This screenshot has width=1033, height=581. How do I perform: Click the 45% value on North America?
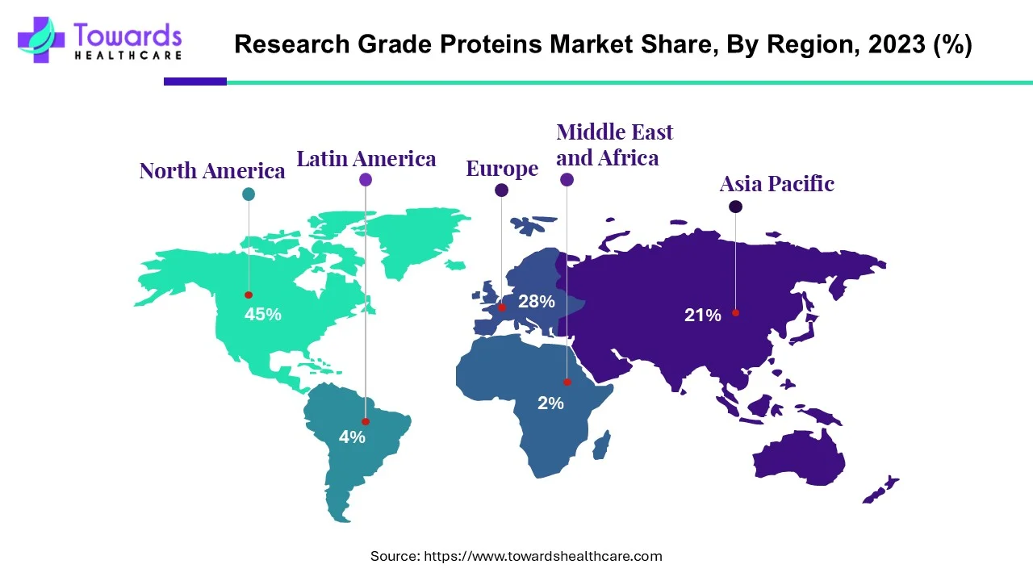click(x=263, y=315)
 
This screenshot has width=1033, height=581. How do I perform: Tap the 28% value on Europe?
click(x=537, y=302)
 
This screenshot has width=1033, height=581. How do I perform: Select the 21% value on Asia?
click(x=703, y=316)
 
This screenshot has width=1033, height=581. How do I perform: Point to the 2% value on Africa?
click(x=550, y=403)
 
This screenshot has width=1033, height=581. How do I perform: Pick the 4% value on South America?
click(x=352, y=437)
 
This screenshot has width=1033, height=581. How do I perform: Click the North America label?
click(x=211, y=171)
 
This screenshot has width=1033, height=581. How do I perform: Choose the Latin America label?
click(x=366, y=159)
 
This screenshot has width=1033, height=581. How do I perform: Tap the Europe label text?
click(x=502, y=169)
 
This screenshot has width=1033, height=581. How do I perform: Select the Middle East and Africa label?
click(x=614, y=144)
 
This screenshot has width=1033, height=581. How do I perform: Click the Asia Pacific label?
click(x=776, y=184)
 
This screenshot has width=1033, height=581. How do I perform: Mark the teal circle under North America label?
click(x=249, y=194)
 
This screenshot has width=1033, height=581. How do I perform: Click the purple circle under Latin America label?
click(x=366, y=180)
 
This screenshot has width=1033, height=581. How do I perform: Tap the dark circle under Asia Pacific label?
click(x=735, y=207)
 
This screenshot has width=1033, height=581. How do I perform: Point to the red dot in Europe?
click(x=502, y=307)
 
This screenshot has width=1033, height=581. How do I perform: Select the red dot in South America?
click(x=366, y=421)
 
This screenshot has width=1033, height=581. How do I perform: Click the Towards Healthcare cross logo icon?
click(x=40, y=40)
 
